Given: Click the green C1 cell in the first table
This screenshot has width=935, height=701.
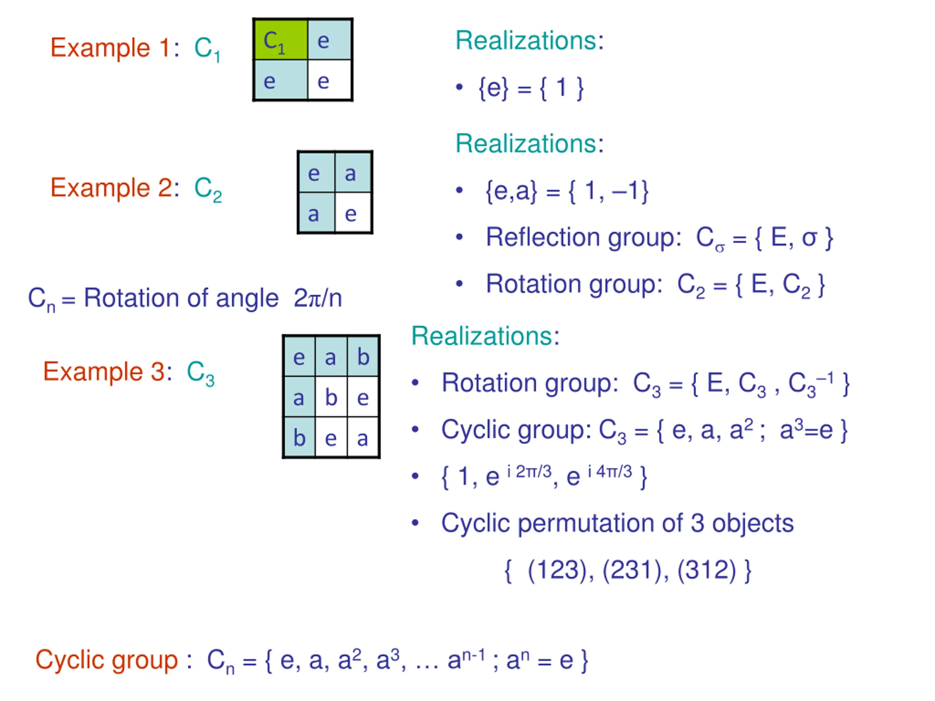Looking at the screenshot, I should tap(280, 39).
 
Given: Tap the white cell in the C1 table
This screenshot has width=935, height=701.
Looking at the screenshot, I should tap(329, 80).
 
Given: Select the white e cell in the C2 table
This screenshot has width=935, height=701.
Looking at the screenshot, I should tap(353, 212).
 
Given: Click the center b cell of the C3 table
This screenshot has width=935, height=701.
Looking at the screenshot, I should tap(331, 397).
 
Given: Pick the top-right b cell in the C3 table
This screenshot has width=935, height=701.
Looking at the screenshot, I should tap(363, 356).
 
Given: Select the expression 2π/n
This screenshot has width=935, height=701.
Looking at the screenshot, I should tap(317, 298).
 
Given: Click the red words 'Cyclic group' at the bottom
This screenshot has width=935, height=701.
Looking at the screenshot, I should tap(107, 660).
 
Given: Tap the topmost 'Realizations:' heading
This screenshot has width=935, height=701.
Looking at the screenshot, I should tap(529, 41).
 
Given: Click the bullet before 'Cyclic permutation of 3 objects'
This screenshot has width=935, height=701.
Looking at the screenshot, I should tap(415, 523).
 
